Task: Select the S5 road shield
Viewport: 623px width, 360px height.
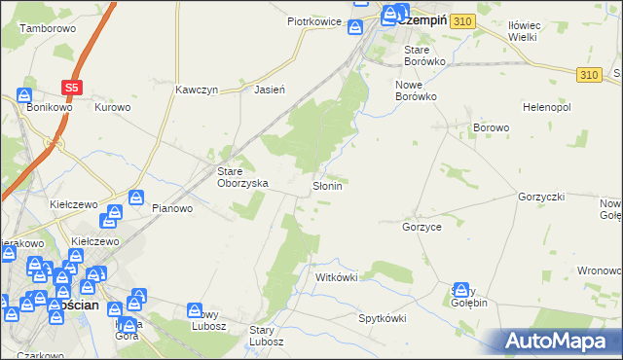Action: (x=71, y=88)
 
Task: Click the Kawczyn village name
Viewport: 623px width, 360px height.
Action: (x=197, y=90)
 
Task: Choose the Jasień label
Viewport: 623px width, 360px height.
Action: (x=269, y=90)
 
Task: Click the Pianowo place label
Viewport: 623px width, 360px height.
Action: (x=174, y=207)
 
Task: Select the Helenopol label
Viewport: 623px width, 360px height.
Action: (x=546, y=106)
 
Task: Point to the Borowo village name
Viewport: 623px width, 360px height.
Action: (x=492, y=128)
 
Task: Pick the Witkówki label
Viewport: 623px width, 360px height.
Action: (x=337, y=277)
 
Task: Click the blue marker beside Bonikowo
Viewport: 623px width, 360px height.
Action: (x=24, y=97)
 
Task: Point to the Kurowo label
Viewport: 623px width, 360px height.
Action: (x=112, y=107)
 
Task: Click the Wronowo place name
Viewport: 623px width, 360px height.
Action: (x=600, y=270)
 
